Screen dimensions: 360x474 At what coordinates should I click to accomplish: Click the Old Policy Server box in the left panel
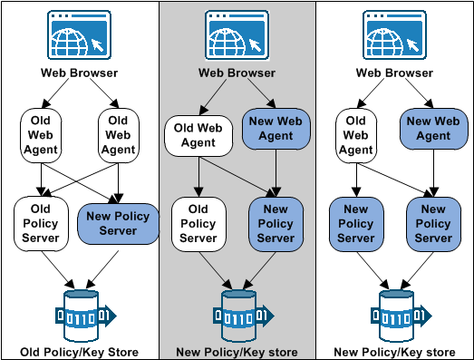coord(37,223)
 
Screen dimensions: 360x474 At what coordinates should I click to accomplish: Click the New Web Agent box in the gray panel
coord(275,127)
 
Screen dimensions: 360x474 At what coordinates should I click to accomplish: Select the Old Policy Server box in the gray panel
coord(198,223)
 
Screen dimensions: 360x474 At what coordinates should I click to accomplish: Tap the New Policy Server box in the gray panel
coord(275,224)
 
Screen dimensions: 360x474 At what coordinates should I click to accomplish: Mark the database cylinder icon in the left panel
coord(79,313)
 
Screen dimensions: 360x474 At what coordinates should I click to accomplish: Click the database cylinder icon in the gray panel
coord(237,313)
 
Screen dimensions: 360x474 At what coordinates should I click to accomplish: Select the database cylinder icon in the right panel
coord(394,313)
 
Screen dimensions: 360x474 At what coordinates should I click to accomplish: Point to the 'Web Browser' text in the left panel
coord(79,73)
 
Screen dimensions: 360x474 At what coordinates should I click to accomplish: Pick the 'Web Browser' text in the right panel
coord(394,73)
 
